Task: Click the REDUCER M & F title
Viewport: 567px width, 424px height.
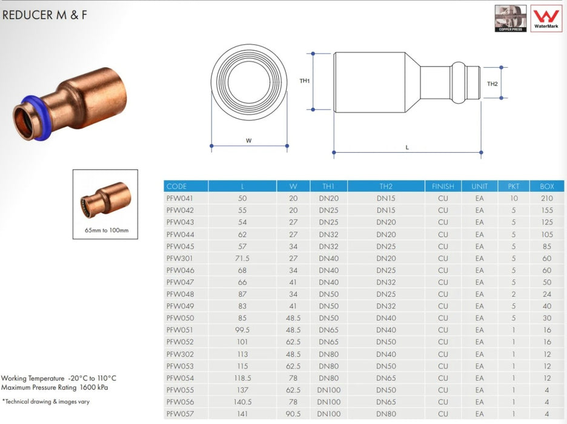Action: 44,15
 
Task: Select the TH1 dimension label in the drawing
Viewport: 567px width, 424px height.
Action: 305,81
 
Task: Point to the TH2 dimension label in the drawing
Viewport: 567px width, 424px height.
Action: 492,83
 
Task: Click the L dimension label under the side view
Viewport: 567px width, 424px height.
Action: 407,147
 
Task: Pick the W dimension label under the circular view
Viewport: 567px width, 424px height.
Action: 248,141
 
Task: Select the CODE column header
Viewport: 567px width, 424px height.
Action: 176,187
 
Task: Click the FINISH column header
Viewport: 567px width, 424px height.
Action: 443,187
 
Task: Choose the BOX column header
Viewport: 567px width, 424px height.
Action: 546,187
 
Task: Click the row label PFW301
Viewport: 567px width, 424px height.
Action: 176,258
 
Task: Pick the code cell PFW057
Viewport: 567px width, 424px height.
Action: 176,414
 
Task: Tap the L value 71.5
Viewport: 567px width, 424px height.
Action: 242,258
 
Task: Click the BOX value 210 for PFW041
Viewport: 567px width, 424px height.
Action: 546,198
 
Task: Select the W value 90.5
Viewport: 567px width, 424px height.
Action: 293,414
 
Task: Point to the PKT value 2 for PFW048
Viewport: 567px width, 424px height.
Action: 513,294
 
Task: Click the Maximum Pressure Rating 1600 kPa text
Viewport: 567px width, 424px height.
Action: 55,387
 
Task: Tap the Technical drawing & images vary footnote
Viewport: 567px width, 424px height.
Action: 45,401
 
